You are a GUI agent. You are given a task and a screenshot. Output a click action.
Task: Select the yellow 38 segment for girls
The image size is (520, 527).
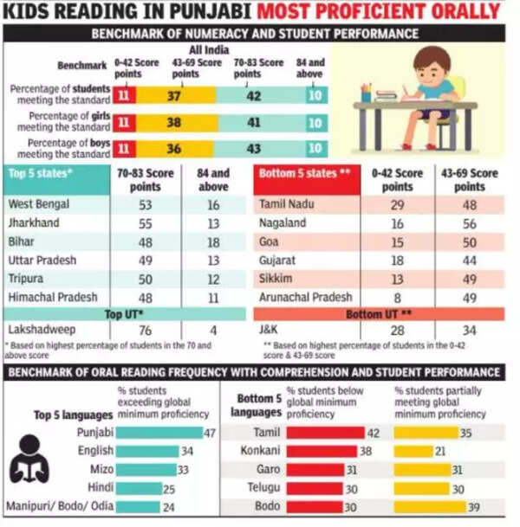173,122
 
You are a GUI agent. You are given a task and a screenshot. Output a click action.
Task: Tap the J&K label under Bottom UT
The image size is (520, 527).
269,329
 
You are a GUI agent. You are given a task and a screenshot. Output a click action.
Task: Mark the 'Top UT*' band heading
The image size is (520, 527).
124,313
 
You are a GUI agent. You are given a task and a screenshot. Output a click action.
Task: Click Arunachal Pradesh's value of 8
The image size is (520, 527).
397,297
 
